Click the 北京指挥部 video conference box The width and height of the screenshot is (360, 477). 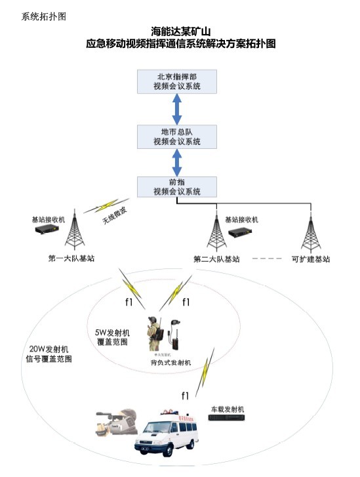click(x=176, y=81)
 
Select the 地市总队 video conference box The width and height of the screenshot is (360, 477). click(x=176, y=136)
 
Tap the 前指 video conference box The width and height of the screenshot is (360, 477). click(x=176, y=186)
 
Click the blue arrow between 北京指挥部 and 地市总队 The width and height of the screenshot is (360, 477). click(x=176, y=108)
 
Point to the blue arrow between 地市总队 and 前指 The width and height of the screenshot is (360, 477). click(x=176, y=161)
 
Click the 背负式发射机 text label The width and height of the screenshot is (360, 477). click(x=169, y=362)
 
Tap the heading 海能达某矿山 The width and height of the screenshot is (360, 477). click(x=180, y=31)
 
